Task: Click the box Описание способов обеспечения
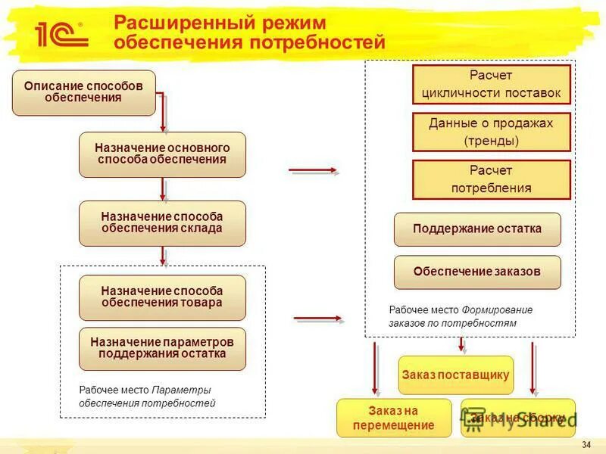[x=83, y=92]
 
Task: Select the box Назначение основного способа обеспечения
[x=162, y=154]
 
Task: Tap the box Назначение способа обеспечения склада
[x=162, y=223]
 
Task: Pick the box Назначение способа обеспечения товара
[x=162, y=297]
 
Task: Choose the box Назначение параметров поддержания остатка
[x=162, y=348]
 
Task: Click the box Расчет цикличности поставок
[x=491, y=85]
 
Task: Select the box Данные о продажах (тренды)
[x=491, y=132]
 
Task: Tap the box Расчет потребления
[x=491, y=179]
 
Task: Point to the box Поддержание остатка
[x=477, y=229]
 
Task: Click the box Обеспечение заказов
[x=477, y=272]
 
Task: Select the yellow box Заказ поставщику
[x=455, y=375]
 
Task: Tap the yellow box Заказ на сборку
[x=518, y=418]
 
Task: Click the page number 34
[x=586, y=443]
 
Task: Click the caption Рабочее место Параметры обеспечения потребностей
[x=147, y=396]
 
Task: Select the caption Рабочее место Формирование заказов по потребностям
[x=461, y=316]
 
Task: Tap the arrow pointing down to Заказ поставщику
[x=461, y=345]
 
